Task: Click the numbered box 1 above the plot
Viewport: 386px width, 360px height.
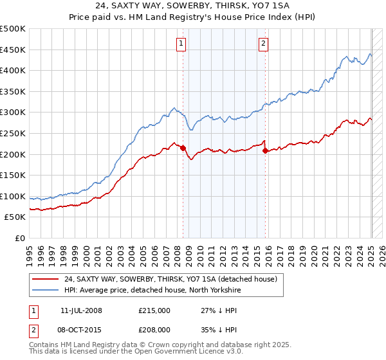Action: coord(181,44)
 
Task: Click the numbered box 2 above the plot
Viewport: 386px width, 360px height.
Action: coord(264,44)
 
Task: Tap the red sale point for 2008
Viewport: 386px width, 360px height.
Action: coord(183,148)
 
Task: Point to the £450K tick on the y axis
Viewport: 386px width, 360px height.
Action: coord(14,50)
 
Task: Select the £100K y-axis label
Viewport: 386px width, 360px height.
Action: coord(14,196)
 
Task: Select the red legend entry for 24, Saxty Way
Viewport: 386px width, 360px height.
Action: coord(170,279)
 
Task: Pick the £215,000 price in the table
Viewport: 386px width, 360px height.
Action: coord(154,310)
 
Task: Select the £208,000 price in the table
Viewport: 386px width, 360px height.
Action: coord(154,329)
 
